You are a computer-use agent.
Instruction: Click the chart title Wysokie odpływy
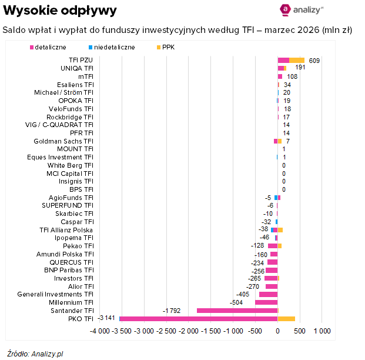[x=60, y=11]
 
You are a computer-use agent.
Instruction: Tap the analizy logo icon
[x=286, y=9]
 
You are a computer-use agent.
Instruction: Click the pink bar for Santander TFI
[x=237, y=310]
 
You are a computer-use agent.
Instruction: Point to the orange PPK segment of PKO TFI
[x=286, y=318]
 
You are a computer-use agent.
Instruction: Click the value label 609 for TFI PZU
[x=314, y=61]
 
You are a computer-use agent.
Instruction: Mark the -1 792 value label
[x=172, y=310]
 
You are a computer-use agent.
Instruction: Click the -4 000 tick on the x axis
[x=101, y=332]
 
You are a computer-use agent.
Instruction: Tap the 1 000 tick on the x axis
[x=322, y=332]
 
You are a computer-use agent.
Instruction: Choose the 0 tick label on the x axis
[x=277, y=332]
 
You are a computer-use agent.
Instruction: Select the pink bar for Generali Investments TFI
[x=268, y=294]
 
